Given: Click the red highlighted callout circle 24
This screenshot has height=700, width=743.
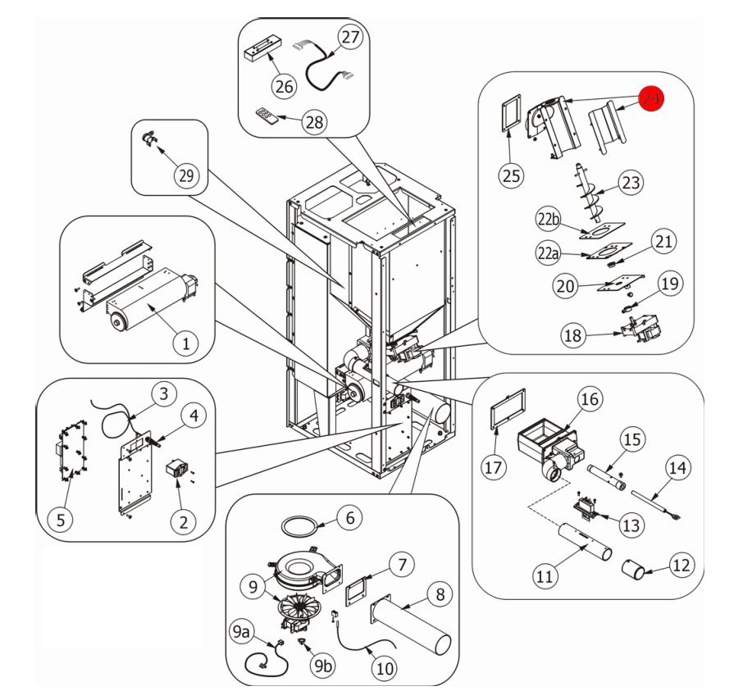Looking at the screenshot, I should point(652,99).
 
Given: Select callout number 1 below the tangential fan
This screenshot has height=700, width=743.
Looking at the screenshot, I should point(186,344).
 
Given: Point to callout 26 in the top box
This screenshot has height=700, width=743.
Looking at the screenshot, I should point(283,85).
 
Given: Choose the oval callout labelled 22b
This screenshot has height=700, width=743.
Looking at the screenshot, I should point(549,220).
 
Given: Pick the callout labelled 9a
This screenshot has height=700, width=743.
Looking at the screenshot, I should point(243,632).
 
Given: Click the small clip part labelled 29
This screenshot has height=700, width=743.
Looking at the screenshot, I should point(149,140).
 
